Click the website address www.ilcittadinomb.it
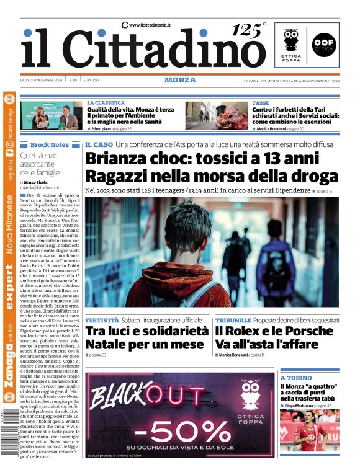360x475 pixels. coord(149,25)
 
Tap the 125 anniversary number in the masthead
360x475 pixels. coord(248,30)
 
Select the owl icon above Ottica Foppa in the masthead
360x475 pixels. coord(291,38)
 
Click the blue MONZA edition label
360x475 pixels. coord(180,80)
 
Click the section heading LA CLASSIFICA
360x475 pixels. coord(106,103)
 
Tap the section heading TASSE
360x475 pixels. coord(261,103)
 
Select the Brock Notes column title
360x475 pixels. coord(50,144)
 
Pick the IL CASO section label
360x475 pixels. coord(99,144)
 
